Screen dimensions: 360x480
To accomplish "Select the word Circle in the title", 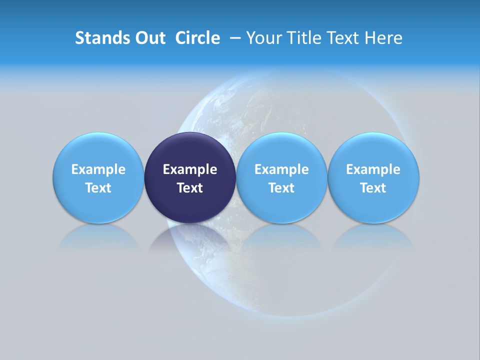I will pyautogui.click(x=197, y=38).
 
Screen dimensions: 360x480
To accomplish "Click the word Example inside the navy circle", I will pyautogui.click(x=190, y=169).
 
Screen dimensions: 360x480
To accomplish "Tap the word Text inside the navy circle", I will pyautogui.click(x=190, y=188).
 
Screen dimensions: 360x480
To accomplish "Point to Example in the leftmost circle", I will pyautogui.click(x=98, y=169).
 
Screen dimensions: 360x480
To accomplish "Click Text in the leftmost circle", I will pyautogui.click(x=98, y=188).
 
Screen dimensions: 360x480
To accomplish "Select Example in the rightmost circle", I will pyautogui.click(x=373, y=169).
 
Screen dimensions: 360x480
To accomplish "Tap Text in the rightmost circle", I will pyautogui.click(x=373, y=188).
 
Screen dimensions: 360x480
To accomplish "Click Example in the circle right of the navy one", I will pyautogui.click(x=281, y=169).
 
